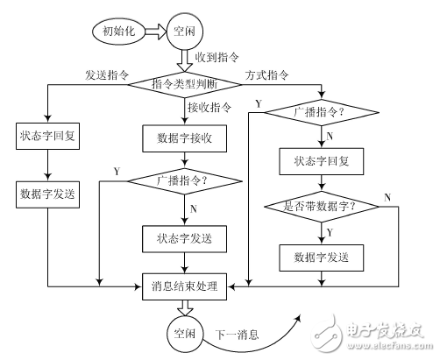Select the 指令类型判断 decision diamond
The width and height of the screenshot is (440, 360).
pos(184,84)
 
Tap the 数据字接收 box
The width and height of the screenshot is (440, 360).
pos(184,138)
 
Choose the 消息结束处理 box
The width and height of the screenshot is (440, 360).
pos(184,284)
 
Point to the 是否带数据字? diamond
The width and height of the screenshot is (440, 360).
pos(322,208)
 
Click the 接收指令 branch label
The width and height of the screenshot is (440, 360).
pos(210,109)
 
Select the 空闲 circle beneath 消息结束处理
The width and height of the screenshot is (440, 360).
pos(183,334)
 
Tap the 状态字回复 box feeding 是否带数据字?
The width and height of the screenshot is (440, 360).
pos(322,161)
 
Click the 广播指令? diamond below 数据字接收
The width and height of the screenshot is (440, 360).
pos(184,181)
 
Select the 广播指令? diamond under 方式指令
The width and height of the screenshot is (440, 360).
pos(322,113)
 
